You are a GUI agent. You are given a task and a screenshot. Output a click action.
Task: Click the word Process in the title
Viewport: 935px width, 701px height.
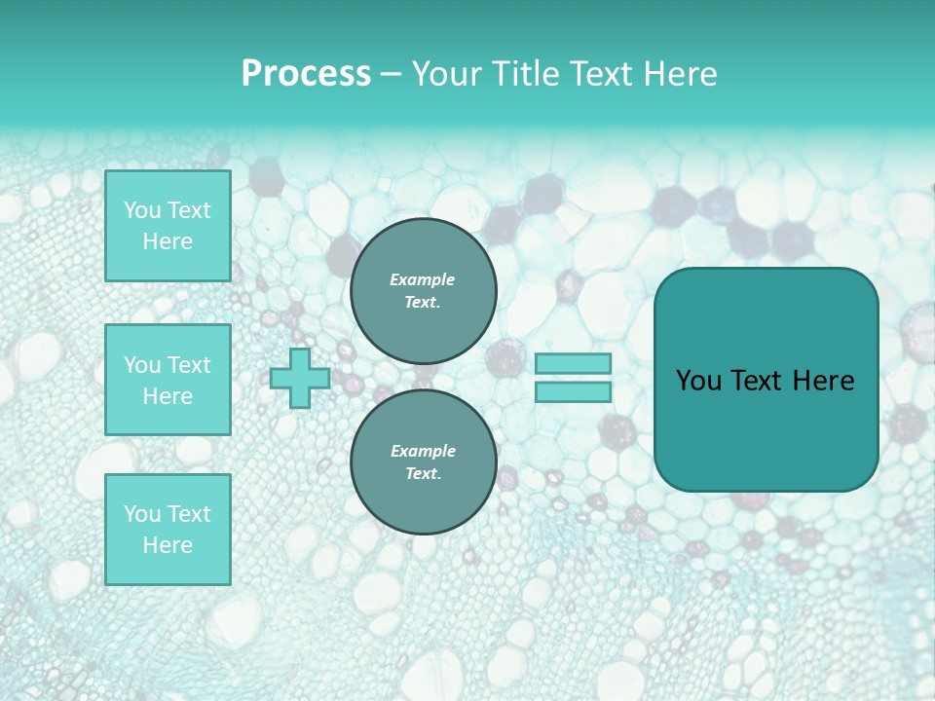[x=306, y=74]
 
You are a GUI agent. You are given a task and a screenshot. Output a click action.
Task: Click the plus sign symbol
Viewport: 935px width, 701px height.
[x=300, y=379]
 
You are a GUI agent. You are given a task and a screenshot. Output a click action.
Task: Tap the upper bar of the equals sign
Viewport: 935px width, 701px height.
[x=573, y=363]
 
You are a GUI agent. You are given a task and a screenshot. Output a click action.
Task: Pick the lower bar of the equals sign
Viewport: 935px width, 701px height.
[x=573, y=391]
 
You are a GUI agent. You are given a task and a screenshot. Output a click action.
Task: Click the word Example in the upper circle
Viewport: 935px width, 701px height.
[x=423, y=279]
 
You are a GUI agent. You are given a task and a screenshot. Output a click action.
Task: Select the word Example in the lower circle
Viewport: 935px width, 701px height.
[x=423, y=451]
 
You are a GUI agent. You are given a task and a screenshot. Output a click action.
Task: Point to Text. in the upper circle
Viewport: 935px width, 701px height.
[x=423, y=302]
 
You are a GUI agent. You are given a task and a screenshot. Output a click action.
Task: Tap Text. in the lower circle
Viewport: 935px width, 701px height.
[x=423, y=473]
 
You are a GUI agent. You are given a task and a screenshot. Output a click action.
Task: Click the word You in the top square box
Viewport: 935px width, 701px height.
[x=141, y=210]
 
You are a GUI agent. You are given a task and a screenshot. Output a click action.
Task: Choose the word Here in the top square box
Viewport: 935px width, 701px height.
[x=168, y=241]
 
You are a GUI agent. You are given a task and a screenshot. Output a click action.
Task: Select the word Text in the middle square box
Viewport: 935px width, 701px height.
[x=188, y=365]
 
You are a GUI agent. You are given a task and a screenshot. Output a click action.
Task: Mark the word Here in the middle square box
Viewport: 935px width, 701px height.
[x=168, y=396]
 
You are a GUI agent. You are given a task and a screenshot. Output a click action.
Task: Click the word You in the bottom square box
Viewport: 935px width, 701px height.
[x=141, y=514]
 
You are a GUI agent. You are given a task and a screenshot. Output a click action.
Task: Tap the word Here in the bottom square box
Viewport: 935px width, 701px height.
[x=168, y=545]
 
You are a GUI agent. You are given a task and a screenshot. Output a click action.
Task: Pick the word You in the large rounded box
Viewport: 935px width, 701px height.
[x=697, y=381]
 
